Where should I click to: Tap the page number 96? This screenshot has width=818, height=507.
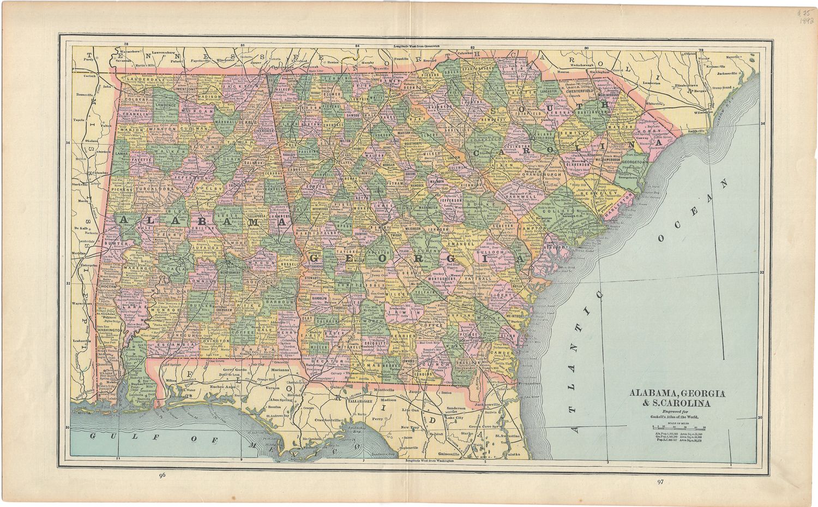pos(161,475)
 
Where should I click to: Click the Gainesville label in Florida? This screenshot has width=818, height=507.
pos(454,454)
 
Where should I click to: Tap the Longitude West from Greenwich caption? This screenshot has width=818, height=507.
pos(417,46)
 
